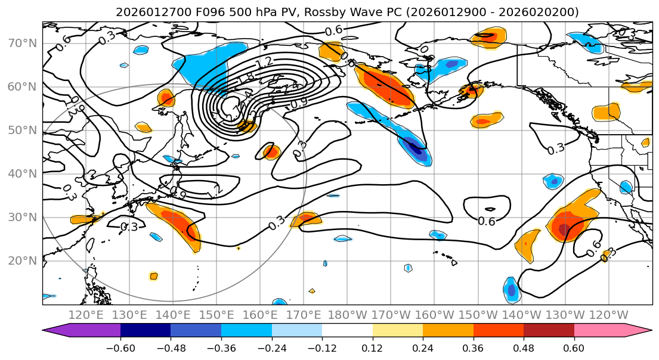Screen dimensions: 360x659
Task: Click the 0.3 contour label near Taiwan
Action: click(129, 226)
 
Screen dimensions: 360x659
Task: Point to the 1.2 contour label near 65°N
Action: click(263, 62)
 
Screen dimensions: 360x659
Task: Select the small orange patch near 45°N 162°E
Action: click(271, 152)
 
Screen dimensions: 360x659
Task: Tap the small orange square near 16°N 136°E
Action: click(154, 276)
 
